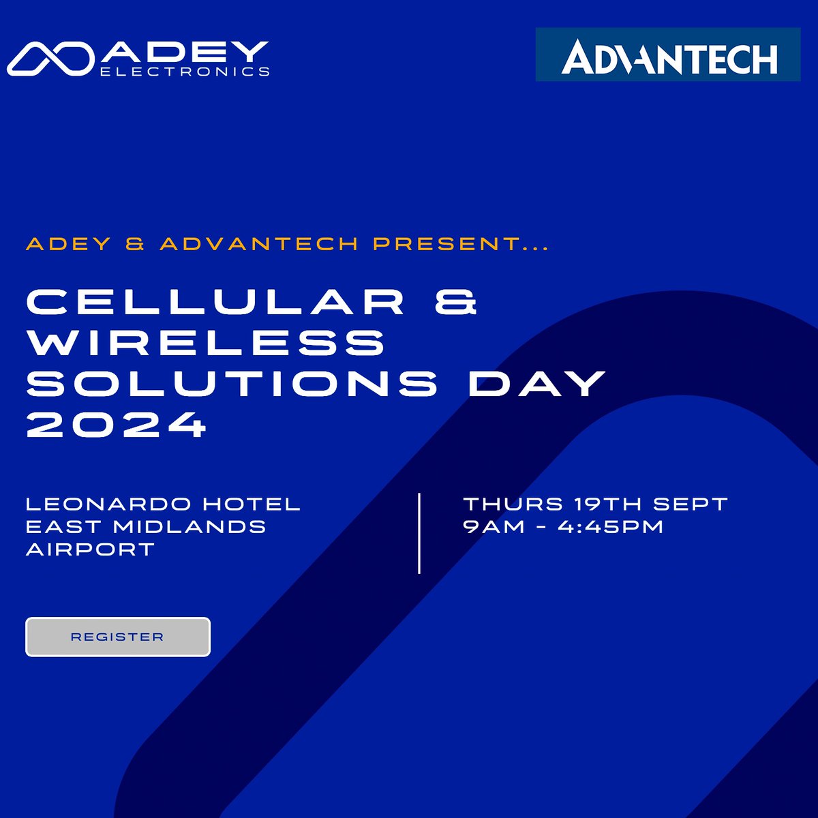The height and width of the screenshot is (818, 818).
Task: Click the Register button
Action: point(117,637)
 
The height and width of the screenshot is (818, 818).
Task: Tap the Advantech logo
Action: point(668,55)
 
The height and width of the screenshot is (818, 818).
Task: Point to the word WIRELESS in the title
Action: point(206,342)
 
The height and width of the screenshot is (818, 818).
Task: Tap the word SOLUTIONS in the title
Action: point(232,383)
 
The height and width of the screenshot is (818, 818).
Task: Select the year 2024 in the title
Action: point(116,425)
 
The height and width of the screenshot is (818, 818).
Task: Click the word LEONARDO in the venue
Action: point(108,504)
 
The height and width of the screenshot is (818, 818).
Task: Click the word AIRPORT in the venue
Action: point(91,549)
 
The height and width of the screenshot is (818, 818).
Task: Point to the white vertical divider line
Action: point(419,533)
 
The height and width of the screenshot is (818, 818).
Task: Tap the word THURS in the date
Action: point(513,504)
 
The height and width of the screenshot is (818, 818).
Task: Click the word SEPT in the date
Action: point(691,504)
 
